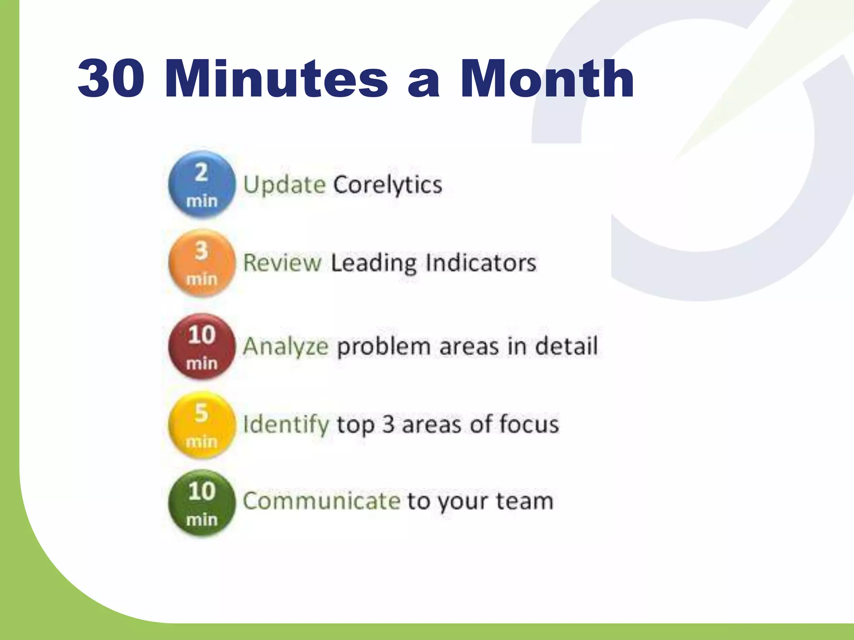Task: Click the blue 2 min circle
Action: coord(202,185)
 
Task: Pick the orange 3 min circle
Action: coord(202,263)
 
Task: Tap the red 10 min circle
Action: coord(202,347)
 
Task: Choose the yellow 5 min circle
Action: coord(202,425)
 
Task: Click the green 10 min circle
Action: coord(202,503)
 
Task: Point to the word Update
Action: coord(284,185)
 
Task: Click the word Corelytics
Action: coord(387,185)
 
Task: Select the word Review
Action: coord(282,263)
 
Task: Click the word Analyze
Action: coord(286,347)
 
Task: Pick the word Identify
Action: coord(286,425)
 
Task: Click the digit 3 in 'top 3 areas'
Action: coord(388,425)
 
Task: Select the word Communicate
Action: coord(322,501)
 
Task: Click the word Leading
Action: coord(374,263)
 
